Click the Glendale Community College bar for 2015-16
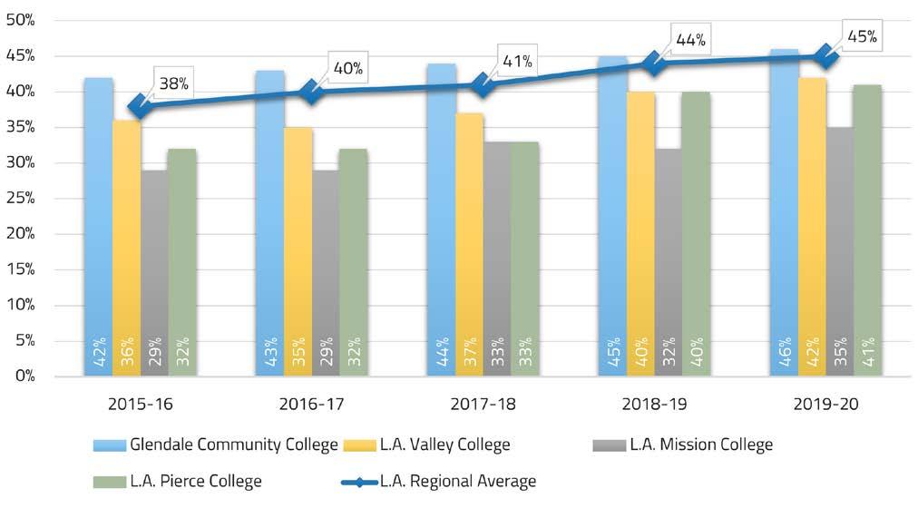click(98, 227)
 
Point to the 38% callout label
click(171, 83)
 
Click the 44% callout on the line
click(690, 40)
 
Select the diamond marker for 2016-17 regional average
click(311, 92)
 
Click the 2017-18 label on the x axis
click(483, 403)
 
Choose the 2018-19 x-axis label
click(654, 403)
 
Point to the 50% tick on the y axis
click(21, 20)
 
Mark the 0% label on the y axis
click(24, 376)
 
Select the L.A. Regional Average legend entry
click(444, 482)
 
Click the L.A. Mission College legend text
click(701, 444)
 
